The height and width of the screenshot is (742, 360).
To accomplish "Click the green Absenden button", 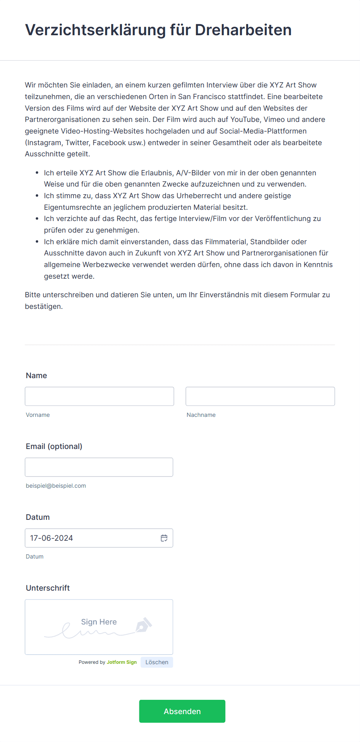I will coord(182,711).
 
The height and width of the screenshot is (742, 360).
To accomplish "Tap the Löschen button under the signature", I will coord(157,662).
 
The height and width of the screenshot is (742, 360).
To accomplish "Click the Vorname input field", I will coord(99,396).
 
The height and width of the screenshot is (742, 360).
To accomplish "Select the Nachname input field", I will coord(260,396).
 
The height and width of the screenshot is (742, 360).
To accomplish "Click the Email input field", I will coord(99,467).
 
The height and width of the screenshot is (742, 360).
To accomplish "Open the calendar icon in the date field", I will coord(164,538).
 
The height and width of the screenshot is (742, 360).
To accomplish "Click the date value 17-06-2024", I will coord(51,538).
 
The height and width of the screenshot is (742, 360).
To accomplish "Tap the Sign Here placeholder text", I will coord(99,622).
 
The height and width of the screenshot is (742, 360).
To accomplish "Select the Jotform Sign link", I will coord(122,662).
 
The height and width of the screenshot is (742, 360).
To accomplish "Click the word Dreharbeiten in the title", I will coord(243,30).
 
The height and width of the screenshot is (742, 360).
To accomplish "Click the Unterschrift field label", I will coord(48,588).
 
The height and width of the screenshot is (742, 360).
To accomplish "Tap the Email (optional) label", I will coord(54,446).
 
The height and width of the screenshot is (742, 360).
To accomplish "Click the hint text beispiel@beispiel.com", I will coord(56,486).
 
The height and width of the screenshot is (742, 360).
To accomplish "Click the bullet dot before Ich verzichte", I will coord(37,219).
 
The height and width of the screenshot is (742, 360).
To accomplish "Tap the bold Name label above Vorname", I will coord(36,375).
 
